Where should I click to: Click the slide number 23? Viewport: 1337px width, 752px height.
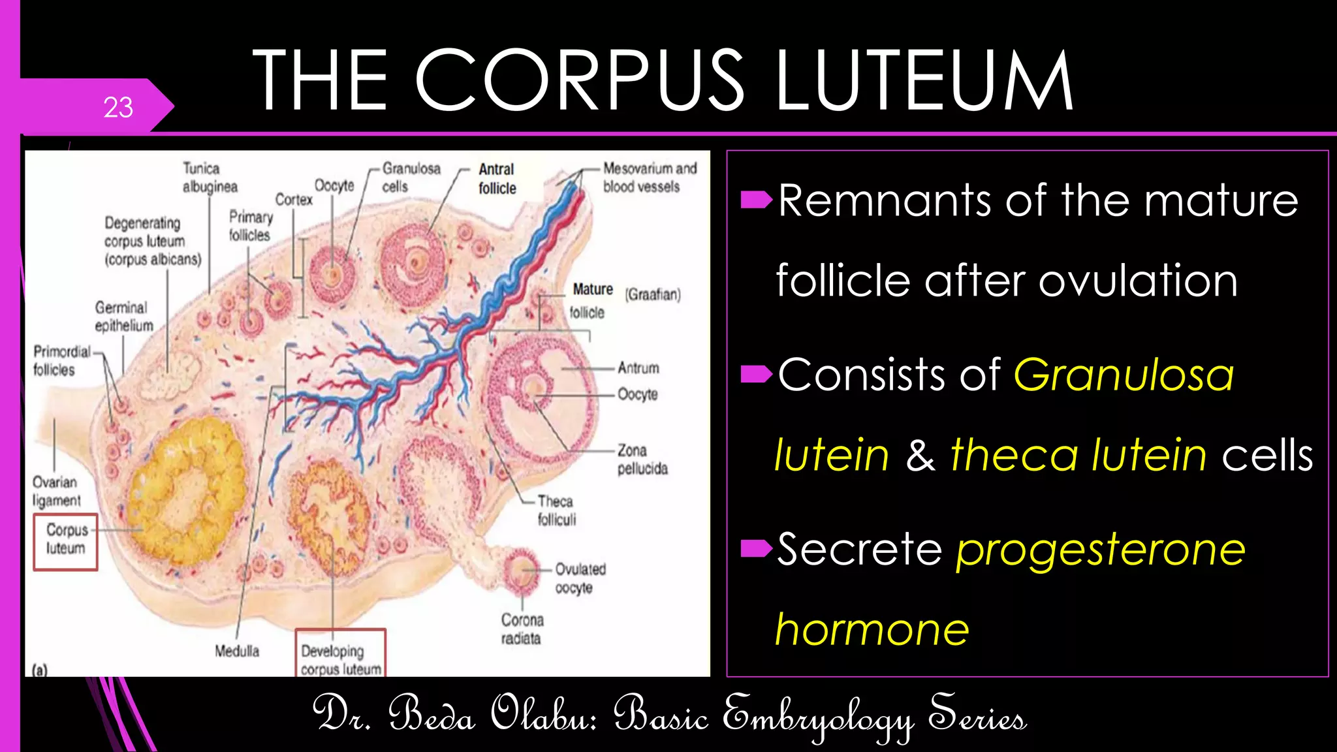118,108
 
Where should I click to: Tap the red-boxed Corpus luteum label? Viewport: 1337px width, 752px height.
65,539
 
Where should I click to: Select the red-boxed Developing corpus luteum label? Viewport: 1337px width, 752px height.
341,659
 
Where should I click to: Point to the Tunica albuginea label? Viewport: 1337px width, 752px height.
210,178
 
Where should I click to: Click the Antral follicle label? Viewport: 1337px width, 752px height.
497,179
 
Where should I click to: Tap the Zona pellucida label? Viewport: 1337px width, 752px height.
642,460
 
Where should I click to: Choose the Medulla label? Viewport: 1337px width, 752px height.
237,651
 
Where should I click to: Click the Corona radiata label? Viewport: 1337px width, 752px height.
522,629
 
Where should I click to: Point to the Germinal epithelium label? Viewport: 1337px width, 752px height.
123,317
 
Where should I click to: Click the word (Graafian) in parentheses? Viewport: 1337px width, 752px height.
653,294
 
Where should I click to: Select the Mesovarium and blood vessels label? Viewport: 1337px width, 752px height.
650,178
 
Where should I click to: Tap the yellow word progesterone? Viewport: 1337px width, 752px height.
1101,550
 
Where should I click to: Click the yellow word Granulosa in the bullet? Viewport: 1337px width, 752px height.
1124,375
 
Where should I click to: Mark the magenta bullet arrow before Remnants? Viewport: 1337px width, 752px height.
757,200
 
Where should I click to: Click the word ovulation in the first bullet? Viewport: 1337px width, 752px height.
1138,281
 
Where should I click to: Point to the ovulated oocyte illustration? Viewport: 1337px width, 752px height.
521,569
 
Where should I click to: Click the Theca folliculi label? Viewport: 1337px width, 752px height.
556,510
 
